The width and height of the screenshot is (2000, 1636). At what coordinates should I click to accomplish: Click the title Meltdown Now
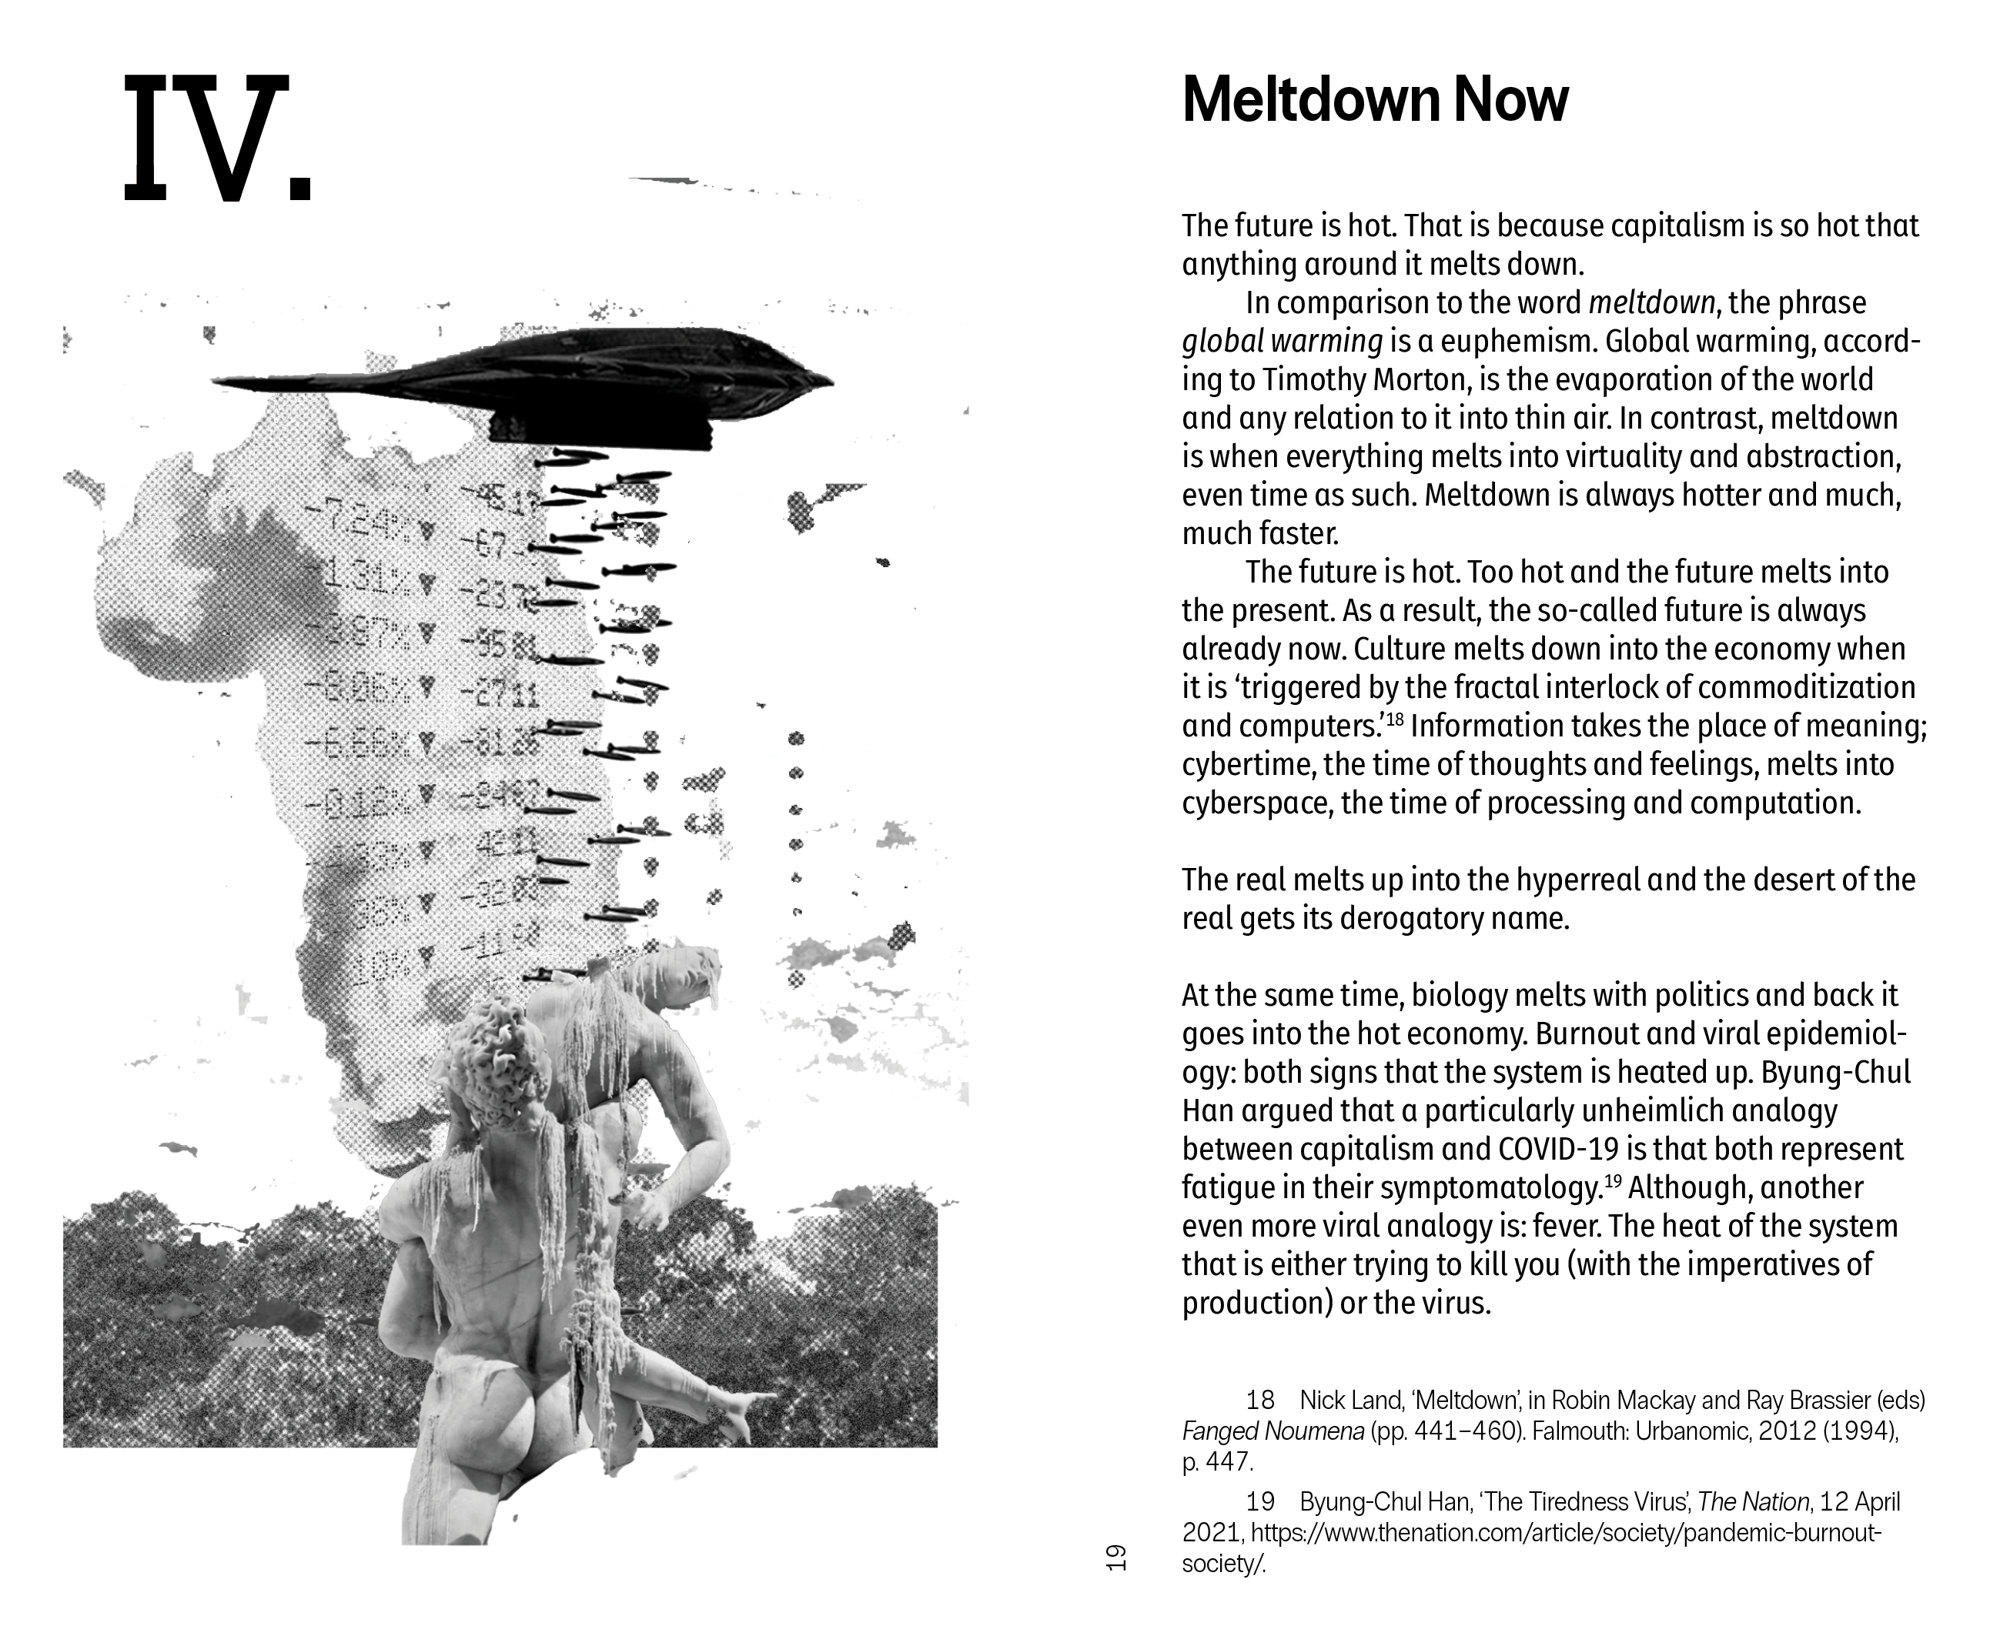[1374, 99]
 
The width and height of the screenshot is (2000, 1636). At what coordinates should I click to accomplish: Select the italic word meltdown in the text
[1651, 302]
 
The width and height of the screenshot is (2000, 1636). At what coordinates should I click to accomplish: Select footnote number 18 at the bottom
[1260, 1401]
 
